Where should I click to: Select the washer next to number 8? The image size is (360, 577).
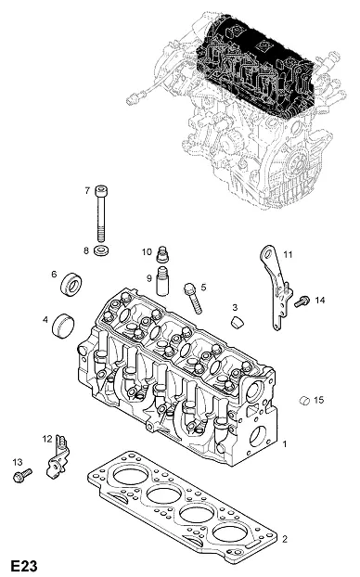click(101, 251)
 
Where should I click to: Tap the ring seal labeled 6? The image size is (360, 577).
click(71, 284)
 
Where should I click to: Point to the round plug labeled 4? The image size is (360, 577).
click(62, 325)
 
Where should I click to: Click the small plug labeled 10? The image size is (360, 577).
click(162, 253)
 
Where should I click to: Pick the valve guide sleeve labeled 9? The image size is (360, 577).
click(162, 281)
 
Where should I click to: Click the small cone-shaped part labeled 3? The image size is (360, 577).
click(238, 322)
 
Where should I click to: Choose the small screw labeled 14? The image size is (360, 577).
click(302, 301)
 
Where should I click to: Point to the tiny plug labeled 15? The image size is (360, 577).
click(304, 400)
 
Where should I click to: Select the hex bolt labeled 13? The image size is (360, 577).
click(22, 476)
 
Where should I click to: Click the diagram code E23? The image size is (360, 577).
click(24, 566)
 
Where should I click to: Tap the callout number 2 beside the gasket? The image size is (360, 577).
click(285, 539)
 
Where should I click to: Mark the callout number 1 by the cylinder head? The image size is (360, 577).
click(284, 444)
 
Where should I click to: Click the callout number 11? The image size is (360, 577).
click(288, 254)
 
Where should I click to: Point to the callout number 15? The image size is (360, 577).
click(319, 400)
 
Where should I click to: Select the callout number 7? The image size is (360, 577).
click(87, 190)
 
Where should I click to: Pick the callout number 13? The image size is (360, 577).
click(18, 462)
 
